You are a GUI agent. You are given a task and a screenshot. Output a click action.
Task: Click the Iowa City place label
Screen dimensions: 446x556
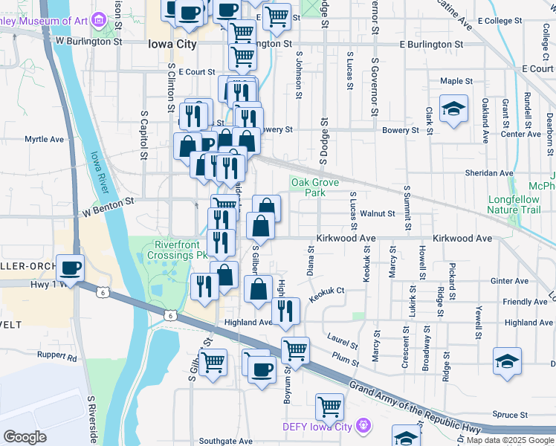[172, 45]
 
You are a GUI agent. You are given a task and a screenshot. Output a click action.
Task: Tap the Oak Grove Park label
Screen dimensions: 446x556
[309, 187]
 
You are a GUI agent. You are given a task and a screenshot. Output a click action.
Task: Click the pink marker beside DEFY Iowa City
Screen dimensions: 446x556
[363, 426]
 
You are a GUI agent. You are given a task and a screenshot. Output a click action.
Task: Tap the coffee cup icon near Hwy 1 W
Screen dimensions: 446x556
[70, 268]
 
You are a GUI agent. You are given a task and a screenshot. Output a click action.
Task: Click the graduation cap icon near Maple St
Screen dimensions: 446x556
[453, 109]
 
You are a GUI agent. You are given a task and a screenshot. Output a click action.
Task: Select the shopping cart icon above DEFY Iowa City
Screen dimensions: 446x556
[330, 407]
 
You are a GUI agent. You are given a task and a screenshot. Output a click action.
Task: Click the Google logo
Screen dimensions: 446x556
[25, 437]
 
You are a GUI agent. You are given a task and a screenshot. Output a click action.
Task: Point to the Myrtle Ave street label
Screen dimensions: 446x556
[45, 139]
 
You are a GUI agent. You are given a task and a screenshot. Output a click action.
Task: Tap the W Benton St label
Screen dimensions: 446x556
[108, 201]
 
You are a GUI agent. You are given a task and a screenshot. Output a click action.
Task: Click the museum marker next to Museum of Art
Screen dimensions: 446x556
[97, 22]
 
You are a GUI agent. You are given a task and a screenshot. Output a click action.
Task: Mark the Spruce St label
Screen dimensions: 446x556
[509, 415]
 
